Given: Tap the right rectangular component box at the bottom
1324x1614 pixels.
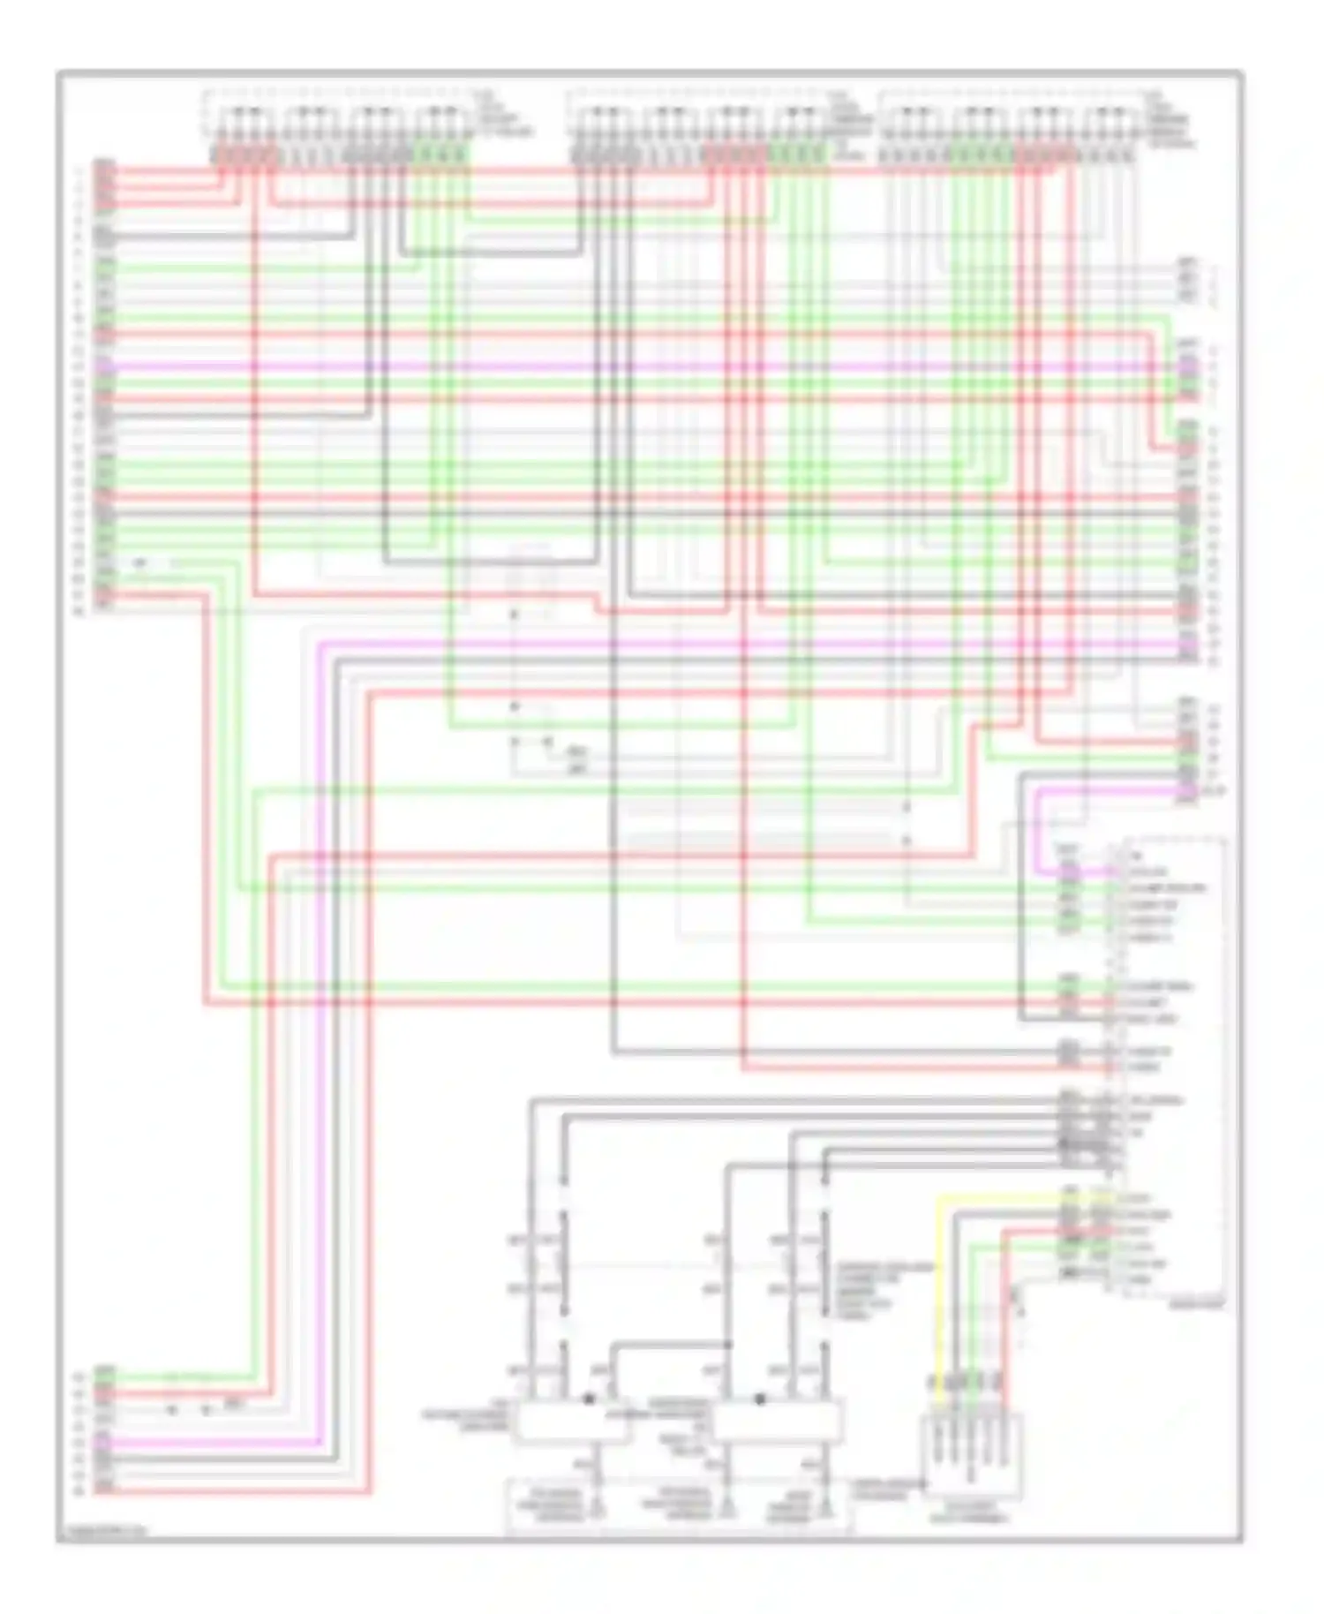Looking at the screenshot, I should pos(777,1422).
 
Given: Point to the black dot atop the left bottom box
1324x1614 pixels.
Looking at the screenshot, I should pos(589,1399).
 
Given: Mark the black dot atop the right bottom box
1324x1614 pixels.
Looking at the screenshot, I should pos(760,1399).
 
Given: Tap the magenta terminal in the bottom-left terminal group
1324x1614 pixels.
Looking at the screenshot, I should pos(104,1442).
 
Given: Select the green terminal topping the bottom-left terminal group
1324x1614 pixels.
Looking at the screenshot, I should pos(104,1374).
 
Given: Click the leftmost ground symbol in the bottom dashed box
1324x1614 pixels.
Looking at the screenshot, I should pos(599,1512).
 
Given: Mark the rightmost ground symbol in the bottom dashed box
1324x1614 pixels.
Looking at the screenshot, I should pos(826,1512).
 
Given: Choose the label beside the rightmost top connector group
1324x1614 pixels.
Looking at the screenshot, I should pos(1170,119).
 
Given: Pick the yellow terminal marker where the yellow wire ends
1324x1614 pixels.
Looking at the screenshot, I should pos(1099,1198).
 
